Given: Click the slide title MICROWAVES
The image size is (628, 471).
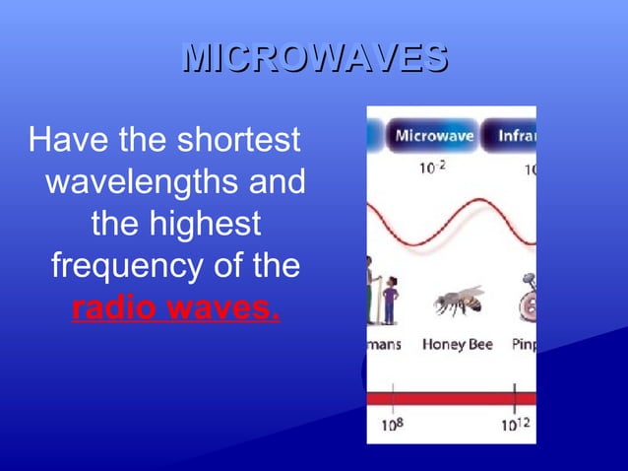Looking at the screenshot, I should (x=315, y=58).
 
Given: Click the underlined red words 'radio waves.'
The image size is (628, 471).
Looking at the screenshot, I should (x=176, y=308).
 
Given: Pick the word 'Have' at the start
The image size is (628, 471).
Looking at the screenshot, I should (x=62, y=140).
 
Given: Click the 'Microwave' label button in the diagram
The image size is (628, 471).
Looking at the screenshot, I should (x=432, y=136).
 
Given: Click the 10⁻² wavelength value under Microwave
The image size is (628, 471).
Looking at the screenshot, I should (x=432, y=168).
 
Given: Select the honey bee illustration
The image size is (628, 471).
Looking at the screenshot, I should (x=459, y=301).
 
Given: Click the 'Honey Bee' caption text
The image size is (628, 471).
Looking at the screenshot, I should (x=457, y=345).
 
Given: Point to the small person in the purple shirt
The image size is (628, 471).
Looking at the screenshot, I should (x=390, y=300).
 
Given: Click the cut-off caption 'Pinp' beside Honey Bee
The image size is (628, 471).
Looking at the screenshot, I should (x=523, y=345).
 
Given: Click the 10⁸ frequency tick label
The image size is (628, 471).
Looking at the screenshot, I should (x=393, y=425).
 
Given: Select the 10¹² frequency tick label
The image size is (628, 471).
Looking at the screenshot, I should (x=515, y=425).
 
